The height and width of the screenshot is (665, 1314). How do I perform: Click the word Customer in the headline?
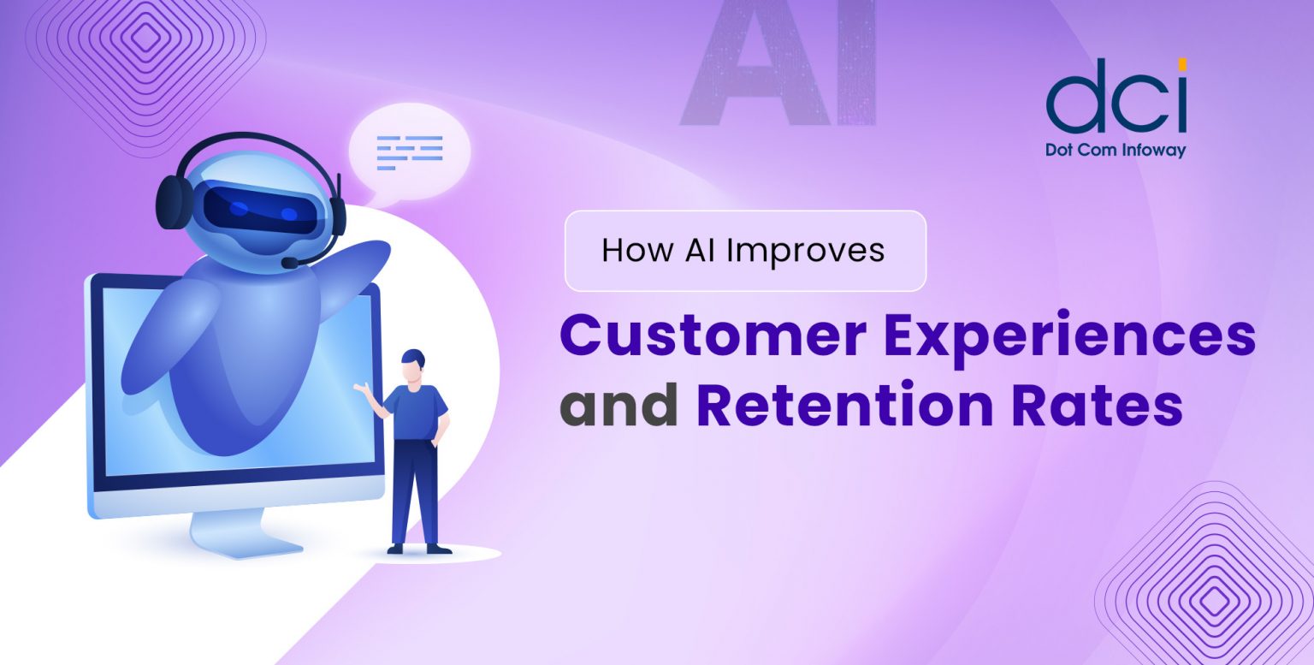[x=713, y=335]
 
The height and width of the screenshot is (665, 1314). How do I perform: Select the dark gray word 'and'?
[x=619, y=405]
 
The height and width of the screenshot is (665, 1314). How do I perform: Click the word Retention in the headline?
[x=844, y=405]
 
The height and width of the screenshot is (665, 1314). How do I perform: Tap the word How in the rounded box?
[x=637, y=251]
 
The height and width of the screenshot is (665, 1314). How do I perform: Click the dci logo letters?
[x=1116, y=96]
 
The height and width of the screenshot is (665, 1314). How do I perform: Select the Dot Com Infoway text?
[x=1116, y=151]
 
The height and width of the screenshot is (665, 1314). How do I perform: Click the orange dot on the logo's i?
[x=1182, y=64]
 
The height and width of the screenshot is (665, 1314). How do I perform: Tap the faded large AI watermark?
[x=778, y=64]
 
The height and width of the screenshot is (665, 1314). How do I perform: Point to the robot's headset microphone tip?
[x=288, y=263]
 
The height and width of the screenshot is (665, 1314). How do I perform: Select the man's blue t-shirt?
[x=416, y=412]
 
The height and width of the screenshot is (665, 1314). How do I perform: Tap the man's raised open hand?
[x=361, y=388]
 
